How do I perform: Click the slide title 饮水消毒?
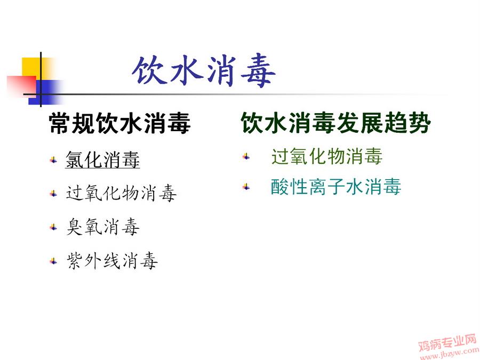(204, 71)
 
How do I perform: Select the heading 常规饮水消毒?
(119, 123)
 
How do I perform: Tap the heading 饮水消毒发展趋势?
(336, 123)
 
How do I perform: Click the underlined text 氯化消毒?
(102, 159)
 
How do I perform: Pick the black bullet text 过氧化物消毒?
(121, 193)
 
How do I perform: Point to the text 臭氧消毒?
(103, 227)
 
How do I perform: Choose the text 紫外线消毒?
(112, 261)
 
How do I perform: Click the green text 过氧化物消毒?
(327, 156)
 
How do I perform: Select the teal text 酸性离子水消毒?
(336, 187)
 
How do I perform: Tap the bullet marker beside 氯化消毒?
(53, 160)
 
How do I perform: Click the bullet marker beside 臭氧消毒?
(53, 227)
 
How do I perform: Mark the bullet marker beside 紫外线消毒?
(53, 261)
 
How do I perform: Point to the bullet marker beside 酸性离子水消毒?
(246, 187)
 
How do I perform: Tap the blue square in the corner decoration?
(46, 92)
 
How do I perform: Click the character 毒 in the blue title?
(258, 71)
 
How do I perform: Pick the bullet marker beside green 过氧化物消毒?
(246, 157)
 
